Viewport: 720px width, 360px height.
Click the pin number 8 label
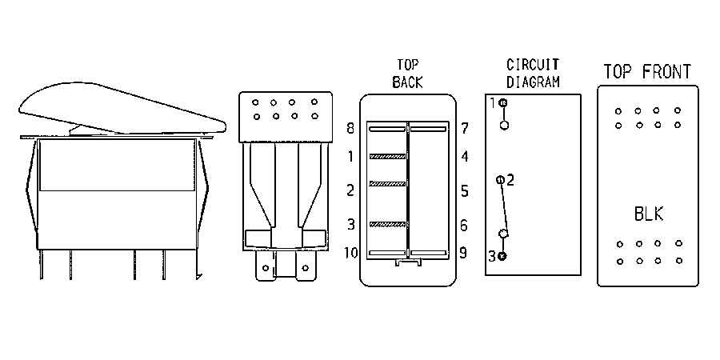tap(350, 128)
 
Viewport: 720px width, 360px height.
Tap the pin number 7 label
tap(465, 128)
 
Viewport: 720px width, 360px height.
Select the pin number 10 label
tap(352, 253)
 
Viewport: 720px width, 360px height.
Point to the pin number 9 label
tap(464, 253)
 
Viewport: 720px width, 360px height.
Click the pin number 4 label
tap(465, 157)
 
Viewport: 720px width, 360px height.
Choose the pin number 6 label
tap(464, 225)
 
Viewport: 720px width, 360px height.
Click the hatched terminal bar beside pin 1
tap(387, 157)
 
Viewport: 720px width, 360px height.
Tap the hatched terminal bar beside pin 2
tap(387, 184)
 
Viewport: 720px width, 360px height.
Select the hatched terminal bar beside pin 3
tap(387, 224)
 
